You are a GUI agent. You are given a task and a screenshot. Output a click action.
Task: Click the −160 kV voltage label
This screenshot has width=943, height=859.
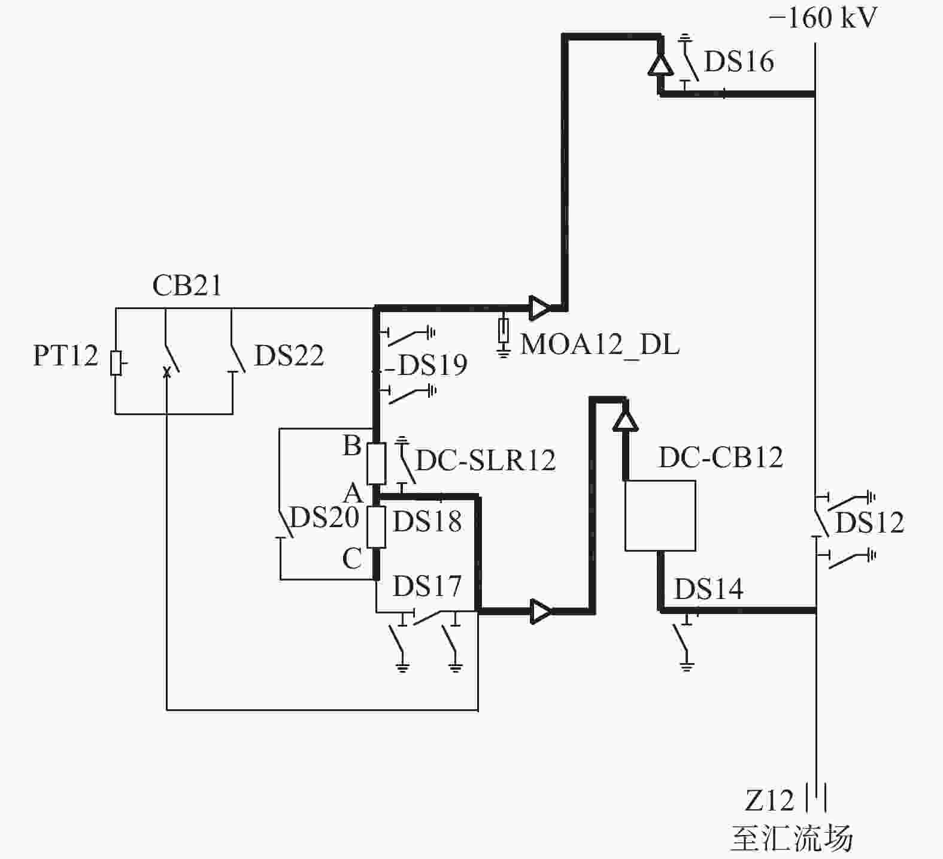point(823,18)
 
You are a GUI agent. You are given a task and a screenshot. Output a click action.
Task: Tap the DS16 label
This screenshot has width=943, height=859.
point(739,61)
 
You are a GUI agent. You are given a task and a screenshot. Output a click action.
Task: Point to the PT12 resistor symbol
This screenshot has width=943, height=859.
point(116,363)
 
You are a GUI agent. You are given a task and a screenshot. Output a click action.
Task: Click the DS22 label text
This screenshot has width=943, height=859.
point(289,356)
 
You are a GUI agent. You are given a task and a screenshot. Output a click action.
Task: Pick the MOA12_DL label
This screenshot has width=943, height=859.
point(600,345)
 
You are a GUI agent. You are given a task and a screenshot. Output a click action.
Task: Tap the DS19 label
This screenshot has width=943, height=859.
point(432,365)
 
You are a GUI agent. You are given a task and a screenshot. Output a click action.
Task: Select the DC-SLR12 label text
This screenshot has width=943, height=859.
point(486,460)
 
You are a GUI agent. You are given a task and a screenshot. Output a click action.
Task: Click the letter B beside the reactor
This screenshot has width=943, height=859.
point(352,446)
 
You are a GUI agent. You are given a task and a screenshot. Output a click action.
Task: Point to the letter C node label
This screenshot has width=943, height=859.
point(352,559)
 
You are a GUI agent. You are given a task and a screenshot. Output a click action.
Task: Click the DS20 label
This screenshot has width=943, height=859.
point(325,517)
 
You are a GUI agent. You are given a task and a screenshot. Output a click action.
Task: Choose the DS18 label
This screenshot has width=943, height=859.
point(427,521)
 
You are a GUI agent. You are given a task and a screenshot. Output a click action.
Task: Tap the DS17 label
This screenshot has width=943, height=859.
point(427,586)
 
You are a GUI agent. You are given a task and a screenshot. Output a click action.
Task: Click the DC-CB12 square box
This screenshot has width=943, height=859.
point(660,516)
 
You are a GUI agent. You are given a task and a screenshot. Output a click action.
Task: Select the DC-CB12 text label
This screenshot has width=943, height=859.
point(721,458)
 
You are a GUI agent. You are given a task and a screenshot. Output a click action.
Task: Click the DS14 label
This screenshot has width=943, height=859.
point(709,589)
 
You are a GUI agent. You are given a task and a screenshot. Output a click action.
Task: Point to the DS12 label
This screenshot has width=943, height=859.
point(869,522)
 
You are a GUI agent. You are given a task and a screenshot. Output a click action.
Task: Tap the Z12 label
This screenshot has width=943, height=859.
point(769,800)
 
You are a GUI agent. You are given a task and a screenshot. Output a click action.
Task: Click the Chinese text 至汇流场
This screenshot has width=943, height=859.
point(792,837)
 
